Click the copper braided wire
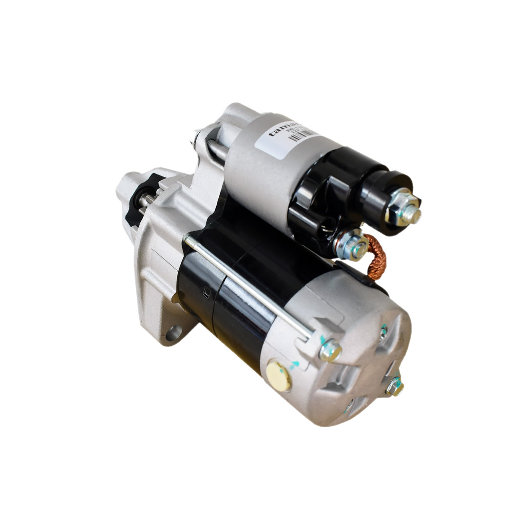pyautogui.click(x=378, y=259)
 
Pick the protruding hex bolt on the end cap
pyautogui.click(x=394, y=386)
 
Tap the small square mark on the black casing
pyautogui.click(x=206, y=293)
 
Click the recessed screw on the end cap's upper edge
pyautogui.click(x=383, y=331)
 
